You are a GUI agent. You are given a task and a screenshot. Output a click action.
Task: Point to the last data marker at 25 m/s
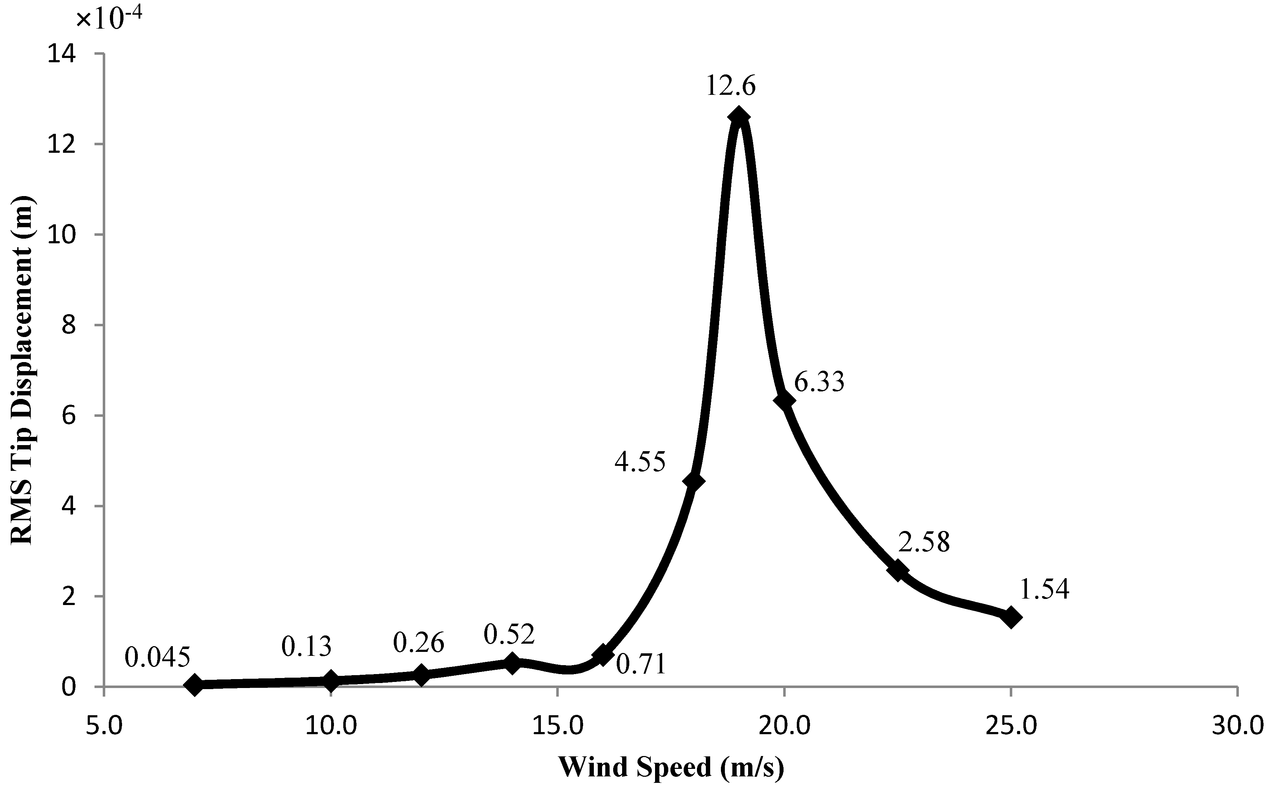point(1010,617)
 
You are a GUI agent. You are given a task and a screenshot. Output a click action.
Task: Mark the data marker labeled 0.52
point(512,664)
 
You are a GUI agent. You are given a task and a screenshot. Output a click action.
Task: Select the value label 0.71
point(641,665)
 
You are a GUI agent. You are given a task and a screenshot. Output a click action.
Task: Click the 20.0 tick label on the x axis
point(784,727)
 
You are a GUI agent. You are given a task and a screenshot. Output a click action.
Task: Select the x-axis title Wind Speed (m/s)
point(672,767)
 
